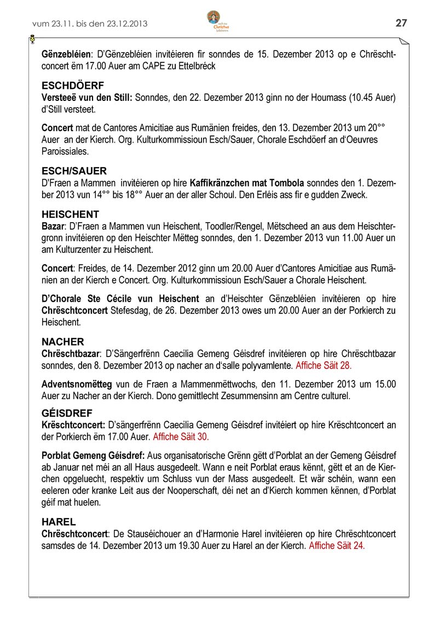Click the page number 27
(x=401, y=22)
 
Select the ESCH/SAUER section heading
(x=74, y=171)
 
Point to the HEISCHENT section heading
(x=71, y=214)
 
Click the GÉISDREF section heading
(x=67, y=413)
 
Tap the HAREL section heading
(x=59, y=522)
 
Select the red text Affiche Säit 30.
(x=181, y=437)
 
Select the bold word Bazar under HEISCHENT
(x=53, y=226)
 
